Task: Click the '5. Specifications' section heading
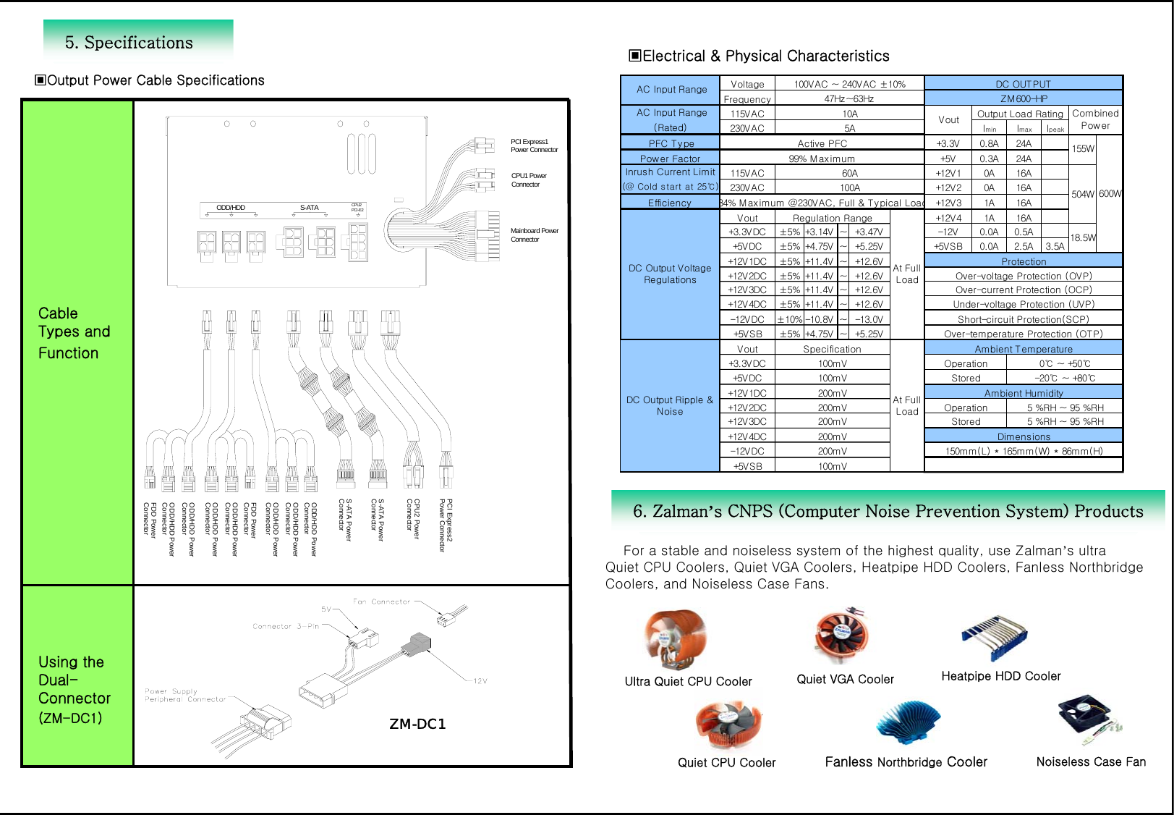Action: pos(129,43)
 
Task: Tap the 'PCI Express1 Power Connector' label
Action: pos(534,145)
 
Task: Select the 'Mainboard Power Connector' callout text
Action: pos(534,235)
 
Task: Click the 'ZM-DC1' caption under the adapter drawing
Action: pos(417,724)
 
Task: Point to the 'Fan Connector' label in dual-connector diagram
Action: pos(381,601)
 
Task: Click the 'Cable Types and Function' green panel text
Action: pos(74,333)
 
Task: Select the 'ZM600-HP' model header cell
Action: pos(1024,98)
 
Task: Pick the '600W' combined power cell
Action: pos(1110,194)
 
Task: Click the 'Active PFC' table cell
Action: pos(822,143)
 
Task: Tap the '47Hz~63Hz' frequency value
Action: pos(849,99)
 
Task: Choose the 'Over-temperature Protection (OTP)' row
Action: pos(1023,334)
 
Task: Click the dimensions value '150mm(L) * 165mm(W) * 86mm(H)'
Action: pos(1024,451)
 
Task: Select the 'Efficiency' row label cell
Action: pos(669,203)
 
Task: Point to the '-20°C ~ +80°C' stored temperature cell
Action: pos(1064,378)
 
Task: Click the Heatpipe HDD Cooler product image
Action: pos(995,636)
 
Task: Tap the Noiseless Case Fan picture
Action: pos(1087,719)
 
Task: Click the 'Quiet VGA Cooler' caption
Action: pos(845,679)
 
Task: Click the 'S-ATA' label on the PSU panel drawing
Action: pos(309,208)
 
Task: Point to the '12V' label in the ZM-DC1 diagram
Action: pos(480,680)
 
